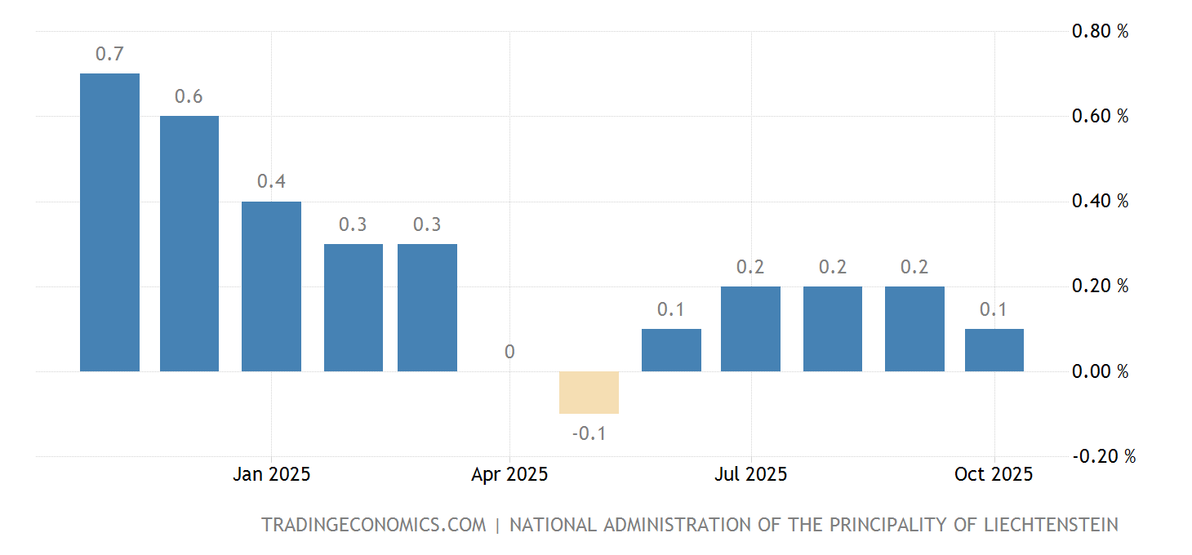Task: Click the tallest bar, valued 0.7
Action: [x=109, y=222]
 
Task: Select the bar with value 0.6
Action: [x=189, y=243]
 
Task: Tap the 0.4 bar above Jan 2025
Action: [x=271, y=286]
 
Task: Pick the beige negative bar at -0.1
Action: [x=589, y=393]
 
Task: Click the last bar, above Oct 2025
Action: [x=994, y=350]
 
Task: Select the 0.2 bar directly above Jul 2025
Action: [x=750, y=329]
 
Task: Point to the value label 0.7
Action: [x=109, y=55]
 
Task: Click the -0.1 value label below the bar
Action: [x=589, y=433]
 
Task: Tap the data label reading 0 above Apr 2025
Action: [x=509, y=353]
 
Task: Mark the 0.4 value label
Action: [x=271, y=182]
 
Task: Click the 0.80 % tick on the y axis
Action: [x=1100, y=32]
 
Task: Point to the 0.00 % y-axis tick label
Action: [x=1100, y=372]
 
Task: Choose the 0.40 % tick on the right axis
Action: [x=1100, y=202]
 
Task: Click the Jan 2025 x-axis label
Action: [x=271, y=474]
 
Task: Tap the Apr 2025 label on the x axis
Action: [x=509, y=474]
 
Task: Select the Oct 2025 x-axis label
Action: [x=994, y=474]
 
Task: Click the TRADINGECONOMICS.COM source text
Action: [x=373, y=525]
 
